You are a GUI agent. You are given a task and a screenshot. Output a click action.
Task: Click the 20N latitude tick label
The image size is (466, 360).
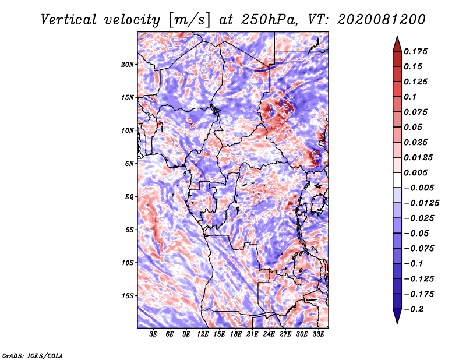128,65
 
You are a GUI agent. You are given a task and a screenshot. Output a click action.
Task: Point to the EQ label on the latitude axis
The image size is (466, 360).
129,197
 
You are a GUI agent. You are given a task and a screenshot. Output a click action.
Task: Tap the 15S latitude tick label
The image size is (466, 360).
128,296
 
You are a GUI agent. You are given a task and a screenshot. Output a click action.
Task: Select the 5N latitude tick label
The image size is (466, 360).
129,164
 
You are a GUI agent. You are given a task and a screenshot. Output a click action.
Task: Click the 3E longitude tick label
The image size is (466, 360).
153,334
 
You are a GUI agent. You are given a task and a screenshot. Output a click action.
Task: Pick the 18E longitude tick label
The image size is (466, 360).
236,334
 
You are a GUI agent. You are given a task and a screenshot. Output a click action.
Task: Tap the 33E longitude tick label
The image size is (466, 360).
318,334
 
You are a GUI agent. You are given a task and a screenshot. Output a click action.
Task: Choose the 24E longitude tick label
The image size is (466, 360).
269,334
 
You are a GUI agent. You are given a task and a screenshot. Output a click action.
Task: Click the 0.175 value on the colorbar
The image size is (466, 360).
415,51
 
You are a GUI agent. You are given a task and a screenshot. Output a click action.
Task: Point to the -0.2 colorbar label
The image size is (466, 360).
414,309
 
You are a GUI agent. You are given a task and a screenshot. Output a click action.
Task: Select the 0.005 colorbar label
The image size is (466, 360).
415,172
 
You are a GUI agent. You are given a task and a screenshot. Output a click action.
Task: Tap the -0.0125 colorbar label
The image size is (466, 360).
421,203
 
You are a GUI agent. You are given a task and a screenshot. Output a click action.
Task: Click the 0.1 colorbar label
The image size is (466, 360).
410,97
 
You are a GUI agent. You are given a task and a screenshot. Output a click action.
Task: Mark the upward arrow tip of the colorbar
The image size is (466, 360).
397,37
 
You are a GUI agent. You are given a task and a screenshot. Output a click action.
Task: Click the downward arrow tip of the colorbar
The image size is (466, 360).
397,323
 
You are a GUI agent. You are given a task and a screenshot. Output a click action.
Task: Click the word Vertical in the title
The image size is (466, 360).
69,20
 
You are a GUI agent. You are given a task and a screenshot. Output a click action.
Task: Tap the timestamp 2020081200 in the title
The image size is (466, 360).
382,20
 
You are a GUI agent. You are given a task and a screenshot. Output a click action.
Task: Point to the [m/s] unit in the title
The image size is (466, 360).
190,20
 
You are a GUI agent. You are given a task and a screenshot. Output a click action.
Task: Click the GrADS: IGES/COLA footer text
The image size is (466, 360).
33,356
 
